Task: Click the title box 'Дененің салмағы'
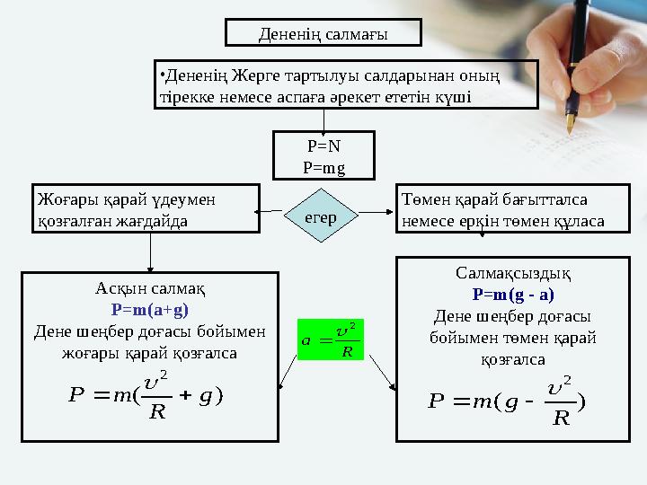[323, 34]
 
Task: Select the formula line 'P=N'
[323, 146]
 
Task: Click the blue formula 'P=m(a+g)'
[150, 309]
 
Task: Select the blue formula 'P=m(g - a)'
[513, 294]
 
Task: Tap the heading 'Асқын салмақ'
[150, 289]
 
